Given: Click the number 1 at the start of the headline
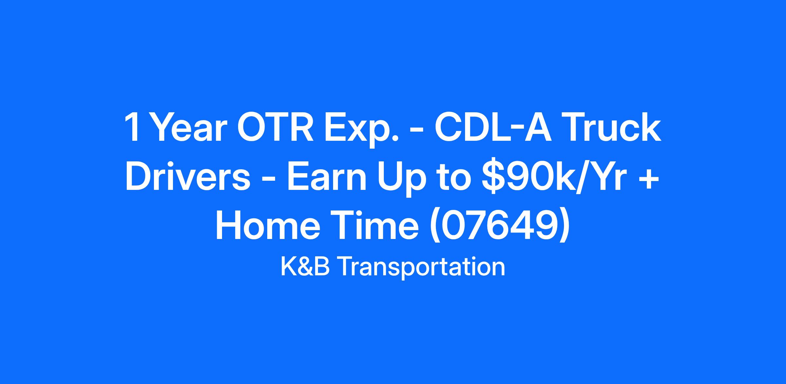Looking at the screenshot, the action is (x=132, y=128).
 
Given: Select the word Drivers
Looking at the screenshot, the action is (x=188, y=177).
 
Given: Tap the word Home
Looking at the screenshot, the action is (x=268, y=226).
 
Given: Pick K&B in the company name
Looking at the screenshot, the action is (x=305, y=267).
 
